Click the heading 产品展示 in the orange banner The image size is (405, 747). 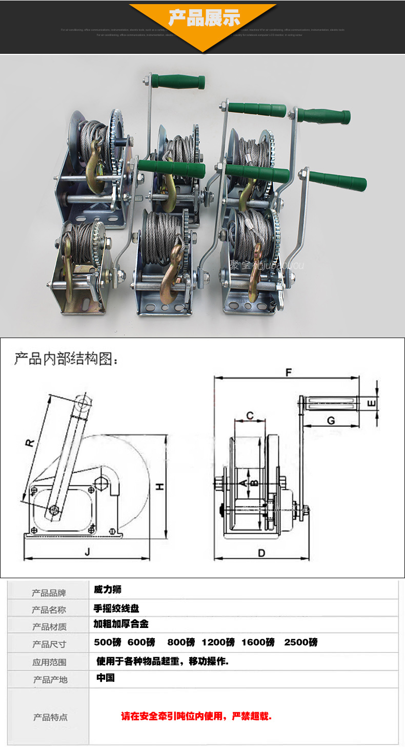click(204, 18)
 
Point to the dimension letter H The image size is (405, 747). click(160, 486)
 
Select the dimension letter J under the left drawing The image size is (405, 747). click(87, 552)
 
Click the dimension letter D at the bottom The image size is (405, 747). click(261, 553)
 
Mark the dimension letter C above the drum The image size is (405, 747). click(250, 415)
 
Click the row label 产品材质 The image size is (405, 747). click(49, 626)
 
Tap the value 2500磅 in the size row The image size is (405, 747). click(300, 642)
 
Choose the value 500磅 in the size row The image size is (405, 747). click(108, 642)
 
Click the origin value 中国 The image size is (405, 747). click(106, 678)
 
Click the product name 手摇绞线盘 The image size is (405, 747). click(116, 608)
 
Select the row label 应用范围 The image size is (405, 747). click(49, 662)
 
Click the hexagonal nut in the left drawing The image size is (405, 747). click(101, 482)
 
